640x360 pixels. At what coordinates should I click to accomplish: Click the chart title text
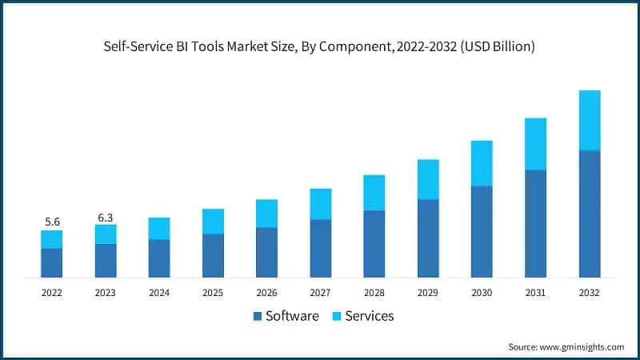[320, 47]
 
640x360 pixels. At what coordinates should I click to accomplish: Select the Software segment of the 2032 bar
[589, 214]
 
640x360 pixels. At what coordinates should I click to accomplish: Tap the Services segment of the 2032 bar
[589, 120]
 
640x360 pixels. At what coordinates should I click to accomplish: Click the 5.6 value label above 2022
[52, 222]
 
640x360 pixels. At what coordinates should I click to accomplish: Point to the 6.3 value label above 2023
[106, 216]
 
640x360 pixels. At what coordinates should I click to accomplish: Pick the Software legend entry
[286, 316]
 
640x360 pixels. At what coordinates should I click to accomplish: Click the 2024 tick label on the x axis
[159, 293]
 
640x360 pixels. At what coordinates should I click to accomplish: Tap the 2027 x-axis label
[320, 293]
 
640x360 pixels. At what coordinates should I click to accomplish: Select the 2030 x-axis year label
[482, 293]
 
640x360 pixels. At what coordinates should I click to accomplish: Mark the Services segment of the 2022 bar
[52, 239]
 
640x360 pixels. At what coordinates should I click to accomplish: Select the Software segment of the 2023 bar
[106, 261]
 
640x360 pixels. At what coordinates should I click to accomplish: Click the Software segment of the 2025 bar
[213, 256]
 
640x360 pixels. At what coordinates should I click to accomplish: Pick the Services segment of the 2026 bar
[266, 214]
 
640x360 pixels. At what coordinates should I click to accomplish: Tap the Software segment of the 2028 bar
[374, 244]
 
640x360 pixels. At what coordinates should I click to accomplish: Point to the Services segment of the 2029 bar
[428, 179]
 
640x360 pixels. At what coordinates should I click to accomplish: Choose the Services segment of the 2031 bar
[535, 144]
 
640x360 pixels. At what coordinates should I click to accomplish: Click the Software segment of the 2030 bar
[482, 232]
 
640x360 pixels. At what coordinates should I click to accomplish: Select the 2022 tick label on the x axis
[52, 293]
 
